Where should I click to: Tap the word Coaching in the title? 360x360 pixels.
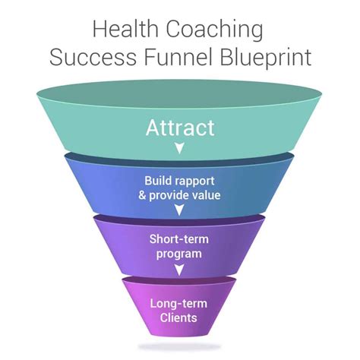pyautogui.click(x=215, y=30)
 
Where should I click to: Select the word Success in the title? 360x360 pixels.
pyautogui.click(x=93, y=57)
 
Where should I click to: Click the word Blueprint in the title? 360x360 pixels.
pyautogui.click(x=265, y=58)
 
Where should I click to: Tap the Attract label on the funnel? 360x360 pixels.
pyautogui.click(x=180, y=128)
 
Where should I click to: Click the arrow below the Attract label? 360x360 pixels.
pyautogui.click(x=180, y=148)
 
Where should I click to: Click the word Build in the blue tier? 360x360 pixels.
pyautogui.click(x=158, y=181)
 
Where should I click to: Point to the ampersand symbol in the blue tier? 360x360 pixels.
pyautogui.click(x=142, y=195)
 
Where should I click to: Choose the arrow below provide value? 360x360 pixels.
pyautogui.click(x=179, y=210)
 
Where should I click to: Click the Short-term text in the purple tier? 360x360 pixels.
pyautogui.click(x=179, y=239)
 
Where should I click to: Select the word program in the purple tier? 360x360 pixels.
pyautogui.click(x=179, y=254)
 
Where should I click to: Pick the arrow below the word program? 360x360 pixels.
pyautogui.click(x=179, y=270)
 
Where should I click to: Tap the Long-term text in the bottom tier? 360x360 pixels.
pyautogui.click(x=178, y=304)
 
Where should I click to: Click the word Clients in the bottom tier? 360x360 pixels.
pyautogui.click(x=178, y=318)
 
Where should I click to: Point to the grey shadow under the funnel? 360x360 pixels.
pyautogui.click(x=179, y=346)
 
